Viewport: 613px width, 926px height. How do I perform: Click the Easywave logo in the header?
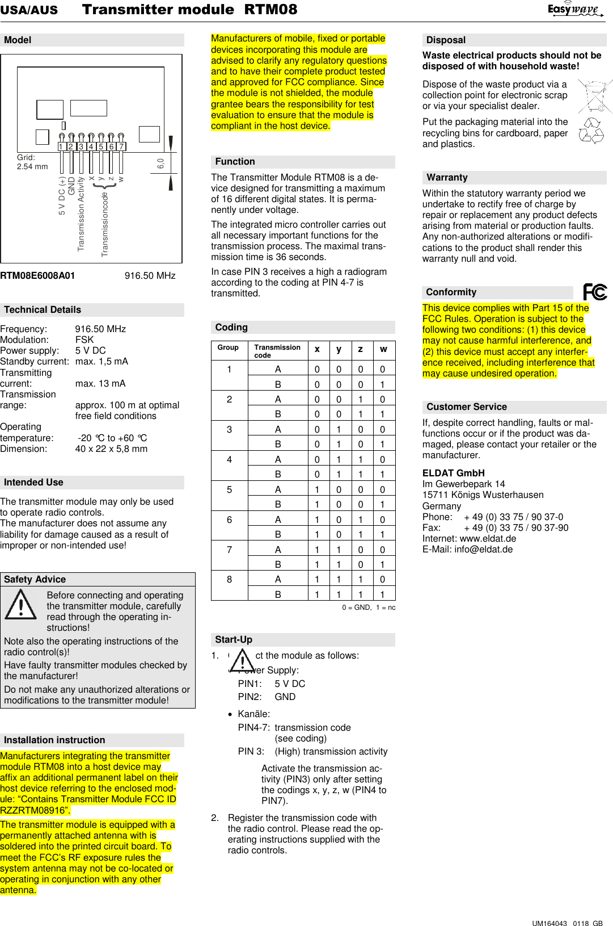pos(574,9)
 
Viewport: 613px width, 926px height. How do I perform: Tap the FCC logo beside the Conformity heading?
pos(595,292)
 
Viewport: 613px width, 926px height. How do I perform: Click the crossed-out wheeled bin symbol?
pos(595,97)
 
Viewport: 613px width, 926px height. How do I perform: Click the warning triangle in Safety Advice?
pos(21,605)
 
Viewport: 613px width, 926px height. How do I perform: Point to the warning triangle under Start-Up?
pos(243,661)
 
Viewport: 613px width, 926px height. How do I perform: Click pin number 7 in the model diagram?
pos(121,146)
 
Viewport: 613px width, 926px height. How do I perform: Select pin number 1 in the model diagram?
pos(61,146)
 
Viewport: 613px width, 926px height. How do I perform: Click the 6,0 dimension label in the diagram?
pos(160,164)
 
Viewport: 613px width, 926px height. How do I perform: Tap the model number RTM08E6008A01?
pos(37,275)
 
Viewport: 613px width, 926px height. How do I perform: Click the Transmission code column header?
pos(277,351)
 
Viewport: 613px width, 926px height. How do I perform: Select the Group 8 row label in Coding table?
pos(229,580)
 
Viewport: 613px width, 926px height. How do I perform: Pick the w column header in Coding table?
pos(383,349)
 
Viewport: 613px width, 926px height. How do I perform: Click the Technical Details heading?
pos(43,309)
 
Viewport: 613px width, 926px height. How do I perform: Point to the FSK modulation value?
pos(84,340)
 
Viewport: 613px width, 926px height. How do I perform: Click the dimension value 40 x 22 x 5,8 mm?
pos(111,449)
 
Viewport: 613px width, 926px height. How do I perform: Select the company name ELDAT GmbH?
pos(453,473)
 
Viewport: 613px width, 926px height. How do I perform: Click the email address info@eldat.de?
pos(483,549)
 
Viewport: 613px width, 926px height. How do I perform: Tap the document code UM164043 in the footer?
pos(549,923)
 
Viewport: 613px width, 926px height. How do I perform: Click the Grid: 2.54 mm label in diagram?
pos(32,162)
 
